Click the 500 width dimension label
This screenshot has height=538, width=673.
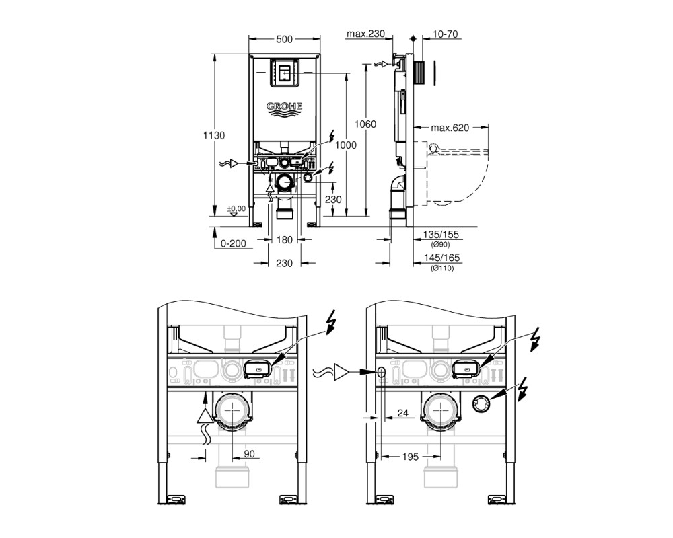pos(284,39)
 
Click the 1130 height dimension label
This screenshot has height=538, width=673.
pos(214,135)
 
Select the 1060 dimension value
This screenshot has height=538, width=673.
pos(365,124)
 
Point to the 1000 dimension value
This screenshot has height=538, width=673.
pos(345,145)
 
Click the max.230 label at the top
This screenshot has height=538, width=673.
pos(365,34)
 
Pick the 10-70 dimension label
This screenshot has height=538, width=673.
pos(446,34)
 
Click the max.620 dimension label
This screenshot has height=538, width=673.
pos(450,127)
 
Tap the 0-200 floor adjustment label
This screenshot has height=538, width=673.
pos(234,243)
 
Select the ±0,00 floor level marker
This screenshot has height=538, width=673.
pos(236,209)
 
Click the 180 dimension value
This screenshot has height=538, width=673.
pos(284,240)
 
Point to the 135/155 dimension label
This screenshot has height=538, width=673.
pos(441,235)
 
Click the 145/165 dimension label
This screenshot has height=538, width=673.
pos(441,258)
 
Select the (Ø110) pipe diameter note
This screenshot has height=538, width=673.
pos(442,268)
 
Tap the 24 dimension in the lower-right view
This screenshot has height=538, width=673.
pos(402,413)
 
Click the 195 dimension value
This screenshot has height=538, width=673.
pos(410,457)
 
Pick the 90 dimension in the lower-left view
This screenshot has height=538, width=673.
pos(250,453)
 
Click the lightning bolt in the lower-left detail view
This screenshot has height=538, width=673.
pos(331,323)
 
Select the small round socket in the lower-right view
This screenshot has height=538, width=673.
pos(481,404)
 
